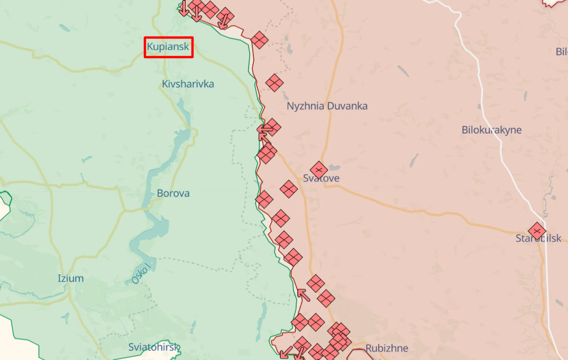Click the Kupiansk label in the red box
(168, 47)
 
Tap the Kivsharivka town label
(188, 84)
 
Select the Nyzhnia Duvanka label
(327, 106)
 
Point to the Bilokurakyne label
(491, 130)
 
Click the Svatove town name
(322, 179)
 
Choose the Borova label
(173, 193)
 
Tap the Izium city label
(70, 279)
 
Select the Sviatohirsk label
(154, 347)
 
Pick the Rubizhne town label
(387, 348)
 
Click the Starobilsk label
(538, 239)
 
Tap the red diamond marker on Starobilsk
(537, 231)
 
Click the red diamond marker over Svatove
(318, 170)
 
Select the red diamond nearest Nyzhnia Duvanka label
(274, 83)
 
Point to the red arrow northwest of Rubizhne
(303, 294)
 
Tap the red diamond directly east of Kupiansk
(259, 40)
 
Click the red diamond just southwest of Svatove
(289, 189)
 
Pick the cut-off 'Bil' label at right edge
(561, 52)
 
